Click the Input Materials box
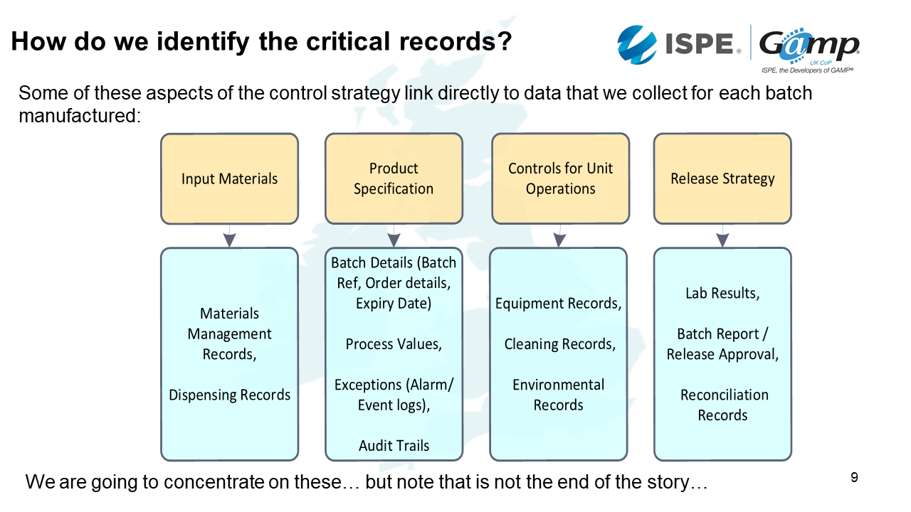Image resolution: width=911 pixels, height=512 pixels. pos(229,179)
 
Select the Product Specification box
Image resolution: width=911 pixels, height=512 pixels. pos(394,179)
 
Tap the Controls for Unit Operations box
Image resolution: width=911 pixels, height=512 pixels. pos(560,179)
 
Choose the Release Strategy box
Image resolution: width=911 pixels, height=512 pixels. pos(722,179)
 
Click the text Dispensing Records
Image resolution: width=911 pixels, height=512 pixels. pos(229,395)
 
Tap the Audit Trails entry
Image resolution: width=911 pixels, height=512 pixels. pos(394,446)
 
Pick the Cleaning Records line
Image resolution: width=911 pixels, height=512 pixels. pos(559,344)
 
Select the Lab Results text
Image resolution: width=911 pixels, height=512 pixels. pos(722,293)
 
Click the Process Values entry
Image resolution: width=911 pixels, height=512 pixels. pos(394,344)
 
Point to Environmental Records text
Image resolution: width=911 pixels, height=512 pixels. pos(559,395)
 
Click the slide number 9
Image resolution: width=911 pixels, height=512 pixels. pos(854,477)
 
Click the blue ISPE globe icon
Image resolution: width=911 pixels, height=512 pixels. pos(638,45)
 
